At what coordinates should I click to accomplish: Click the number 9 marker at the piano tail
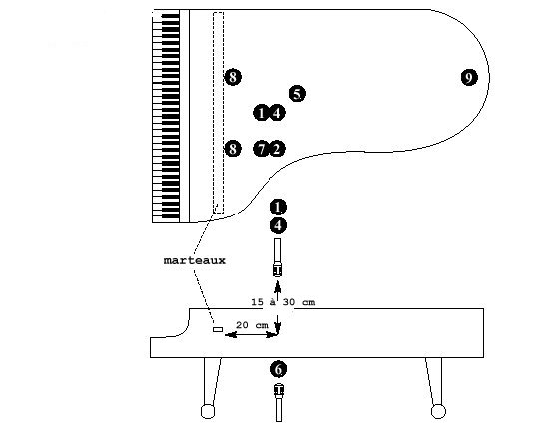pos(469,77)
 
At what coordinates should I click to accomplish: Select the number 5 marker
pos(297,94)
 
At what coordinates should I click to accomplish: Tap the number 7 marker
pos(261,149)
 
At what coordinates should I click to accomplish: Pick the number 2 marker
pos(277,149)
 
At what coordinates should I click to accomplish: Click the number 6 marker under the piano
pos(278,369)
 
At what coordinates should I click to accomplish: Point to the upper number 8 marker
pos(233,77)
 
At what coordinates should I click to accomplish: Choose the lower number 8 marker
pos(233,149)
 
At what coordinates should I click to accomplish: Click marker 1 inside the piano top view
pos(261,113)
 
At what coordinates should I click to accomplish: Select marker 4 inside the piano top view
pos(277,113)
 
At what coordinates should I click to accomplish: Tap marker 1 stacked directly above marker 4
pos(278,207)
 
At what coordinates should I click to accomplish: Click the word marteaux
pos(195,260)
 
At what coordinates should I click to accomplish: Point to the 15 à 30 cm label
pos(282,302)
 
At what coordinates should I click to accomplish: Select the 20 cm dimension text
pos(252,325)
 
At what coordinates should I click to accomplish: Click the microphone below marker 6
pos(279,403)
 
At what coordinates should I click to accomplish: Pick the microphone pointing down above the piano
pos(277,257)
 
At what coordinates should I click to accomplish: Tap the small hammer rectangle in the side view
pos(218,330)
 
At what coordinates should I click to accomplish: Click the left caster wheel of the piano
pos(208,411)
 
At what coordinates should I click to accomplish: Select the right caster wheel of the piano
pos(438,411)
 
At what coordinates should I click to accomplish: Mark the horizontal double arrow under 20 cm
pos(252,334)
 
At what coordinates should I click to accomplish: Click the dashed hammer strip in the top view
pos(218,113)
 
